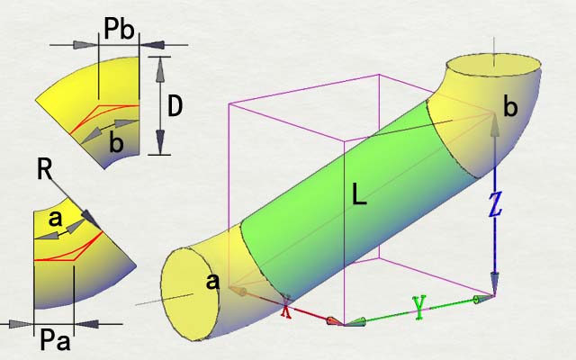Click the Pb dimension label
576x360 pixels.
(119, 29)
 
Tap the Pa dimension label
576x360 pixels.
(55, 340)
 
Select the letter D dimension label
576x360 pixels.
(175, 106)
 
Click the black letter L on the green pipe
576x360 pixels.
(359, 194)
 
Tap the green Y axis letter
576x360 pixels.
(419, 307)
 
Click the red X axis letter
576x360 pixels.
(286, 308)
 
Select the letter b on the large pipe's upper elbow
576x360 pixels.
(510, 107)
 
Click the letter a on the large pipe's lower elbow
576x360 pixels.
(212, 282)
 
